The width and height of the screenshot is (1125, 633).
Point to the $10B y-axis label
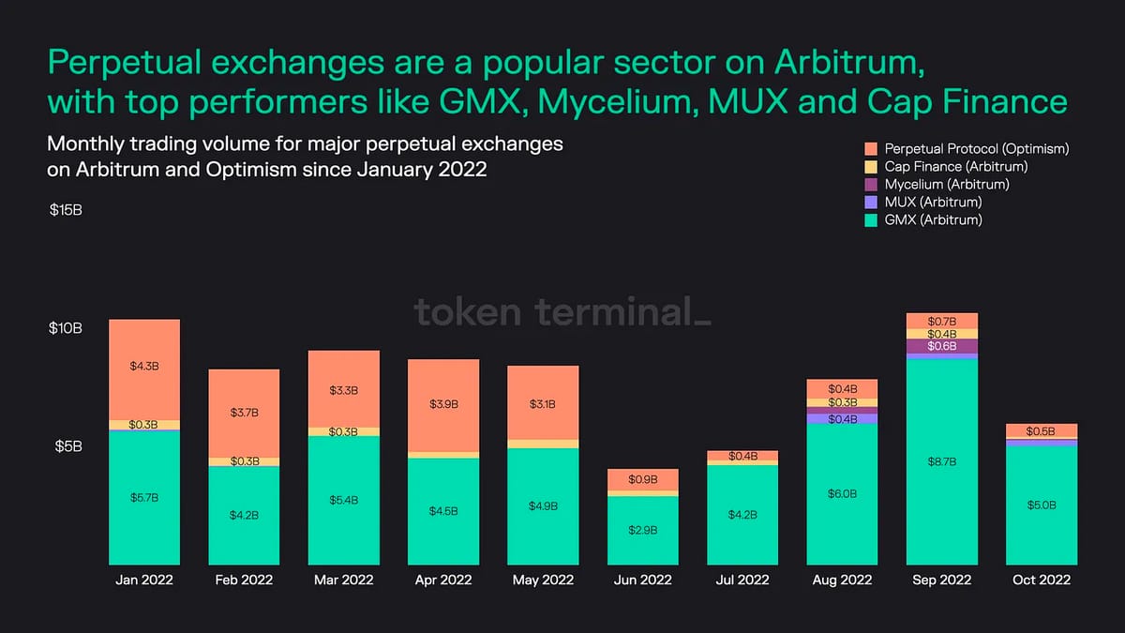tap(66, 329)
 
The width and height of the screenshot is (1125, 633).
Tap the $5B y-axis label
tap(66, 446)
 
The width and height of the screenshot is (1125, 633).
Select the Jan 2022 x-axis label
tap(144, 580)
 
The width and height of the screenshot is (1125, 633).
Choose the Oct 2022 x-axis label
tap(1041, 580)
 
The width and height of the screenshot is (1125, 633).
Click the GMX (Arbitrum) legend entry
tap(933, 220)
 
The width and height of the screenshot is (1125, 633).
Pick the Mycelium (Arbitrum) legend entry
tap(947, 185)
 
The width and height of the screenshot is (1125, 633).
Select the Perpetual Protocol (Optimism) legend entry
tap(977, 149)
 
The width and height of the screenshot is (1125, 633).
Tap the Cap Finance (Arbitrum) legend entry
tap(956, 167)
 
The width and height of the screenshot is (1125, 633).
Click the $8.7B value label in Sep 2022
tap(942, 462)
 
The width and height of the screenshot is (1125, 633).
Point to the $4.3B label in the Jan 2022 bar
tap(144, 366)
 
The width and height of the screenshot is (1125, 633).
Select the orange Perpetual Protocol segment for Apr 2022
tap(443, 405)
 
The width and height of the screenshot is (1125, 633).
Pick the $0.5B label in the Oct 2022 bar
tap(1042, 431)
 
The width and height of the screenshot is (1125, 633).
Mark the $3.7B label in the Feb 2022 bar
tap(244, 413)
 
